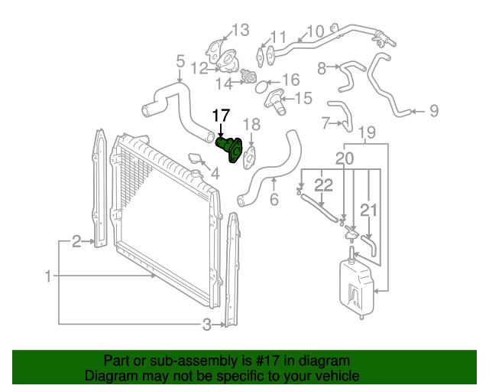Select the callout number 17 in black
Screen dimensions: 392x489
coord(221,116)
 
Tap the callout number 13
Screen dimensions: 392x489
coord(240,31)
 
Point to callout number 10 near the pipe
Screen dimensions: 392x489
coord(316,32)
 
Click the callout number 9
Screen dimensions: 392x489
coord(433,112)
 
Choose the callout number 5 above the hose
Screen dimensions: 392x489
coord(180,60)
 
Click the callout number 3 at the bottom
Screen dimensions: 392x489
coord(206,325)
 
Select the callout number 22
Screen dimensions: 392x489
coord(324,185)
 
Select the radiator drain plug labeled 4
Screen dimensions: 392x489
coord(198,160)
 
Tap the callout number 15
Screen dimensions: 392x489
coord(303,98)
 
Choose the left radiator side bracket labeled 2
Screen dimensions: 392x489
coord(99,191)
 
